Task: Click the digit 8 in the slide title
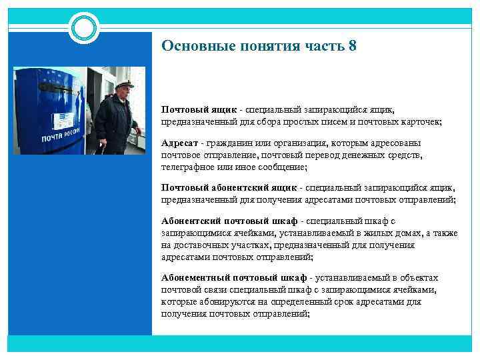pos(352,46)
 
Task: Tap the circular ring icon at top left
pos(84,27)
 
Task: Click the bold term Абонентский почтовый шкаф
pos(229,221)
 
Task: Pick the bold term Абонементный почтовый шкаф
pos(233,277)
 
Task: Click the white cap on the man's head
pos(124,85)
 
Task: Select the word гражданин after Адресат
pos(231,143)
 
